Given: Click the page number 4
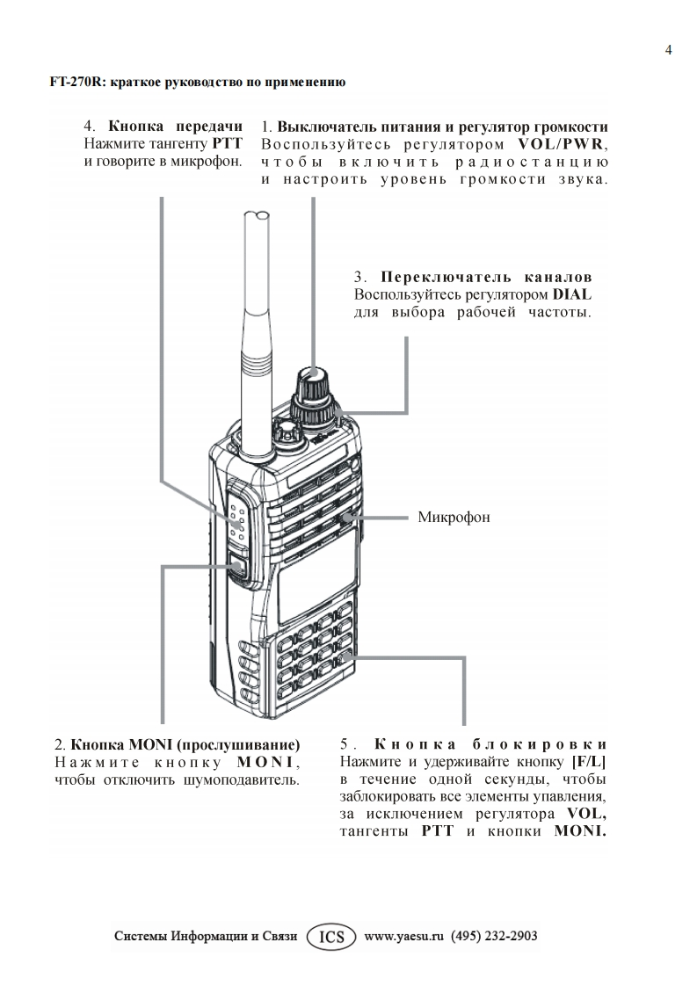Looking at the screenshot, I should pyautogui.click(x=669, y=50).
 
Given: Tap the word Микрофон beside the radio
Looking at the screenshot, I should pyautogui.click(x=454, y=517).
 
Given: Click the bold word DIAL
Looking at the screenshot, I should pyautogui.click(x=572, y=294).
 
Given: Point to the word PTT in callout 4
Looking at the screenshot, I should pyautogui.click(x=227, y=143).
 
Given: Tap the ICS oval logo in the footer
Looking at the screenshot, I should pyautogui.click(x=332, y=936).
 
